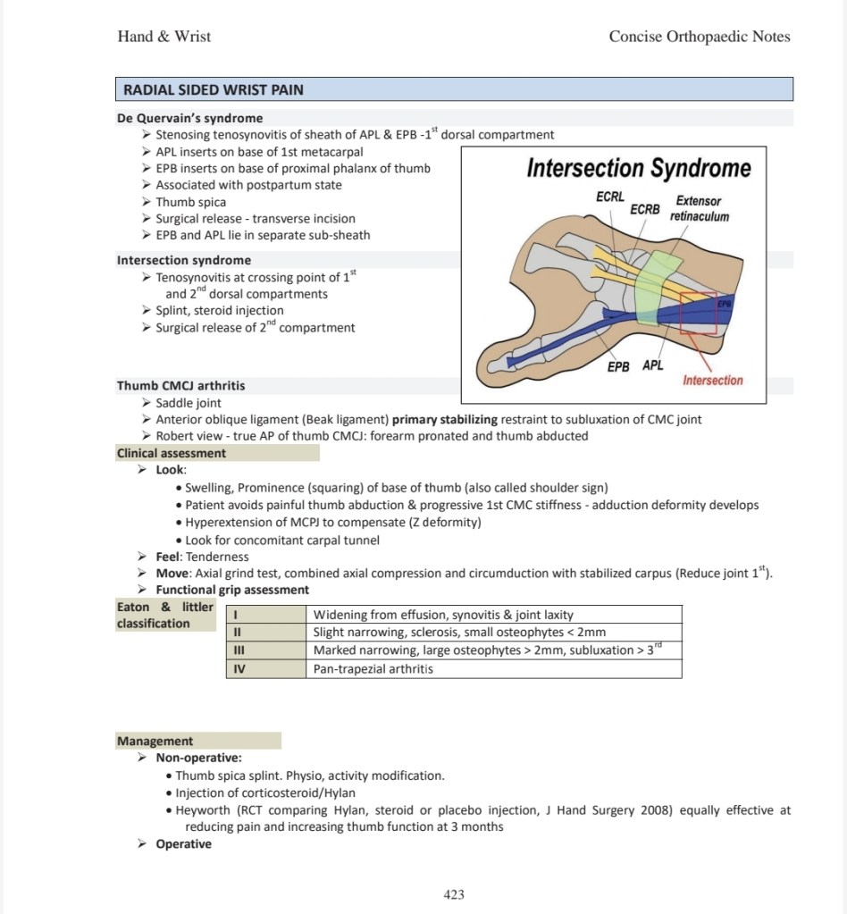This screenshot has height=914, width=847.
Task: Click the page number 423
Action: [454, 894]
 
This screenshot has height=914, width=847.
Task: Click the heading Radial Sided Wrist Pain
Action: [214, 89]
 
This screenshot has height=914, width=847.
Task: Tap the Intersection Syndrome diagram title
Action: [639, 168]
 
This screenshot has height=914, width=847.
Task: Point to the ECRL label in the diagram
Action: [609, 197]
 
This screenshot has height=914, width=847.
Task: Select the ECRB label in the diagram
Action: [645, 209]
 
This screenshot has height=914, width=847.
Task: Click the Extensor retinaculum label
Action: [699, 208]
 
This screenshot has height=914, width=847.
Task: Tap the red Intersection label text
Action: [713, 380]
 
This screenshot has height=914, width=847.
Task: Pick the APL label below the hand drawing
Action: [653, 365]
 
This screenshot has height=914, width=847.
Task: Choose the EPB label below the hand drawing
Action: [618, 366]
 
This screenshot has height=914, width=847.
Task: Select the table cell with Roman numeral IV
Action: [266, 668]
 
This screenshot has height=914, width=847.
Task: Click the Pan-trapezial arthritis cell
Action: [494, 668]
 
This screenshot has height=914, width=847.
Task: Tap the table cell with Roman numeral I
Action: [266, 615]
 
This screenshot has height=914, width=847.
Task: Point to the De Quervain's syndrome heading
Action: [189, 118]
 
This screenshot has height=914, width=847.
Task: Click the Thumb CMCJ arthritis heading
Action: [180, 386]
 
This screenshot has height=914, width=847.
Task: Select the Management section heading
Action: [155, 741]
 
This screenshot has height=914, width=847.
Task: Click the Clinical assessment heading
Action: [171, 453]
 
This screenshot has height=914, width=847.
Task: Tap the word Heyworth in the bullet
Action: [202, 810]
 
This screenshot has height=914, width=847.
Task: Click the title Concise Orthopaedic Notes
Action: [700, 36]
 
